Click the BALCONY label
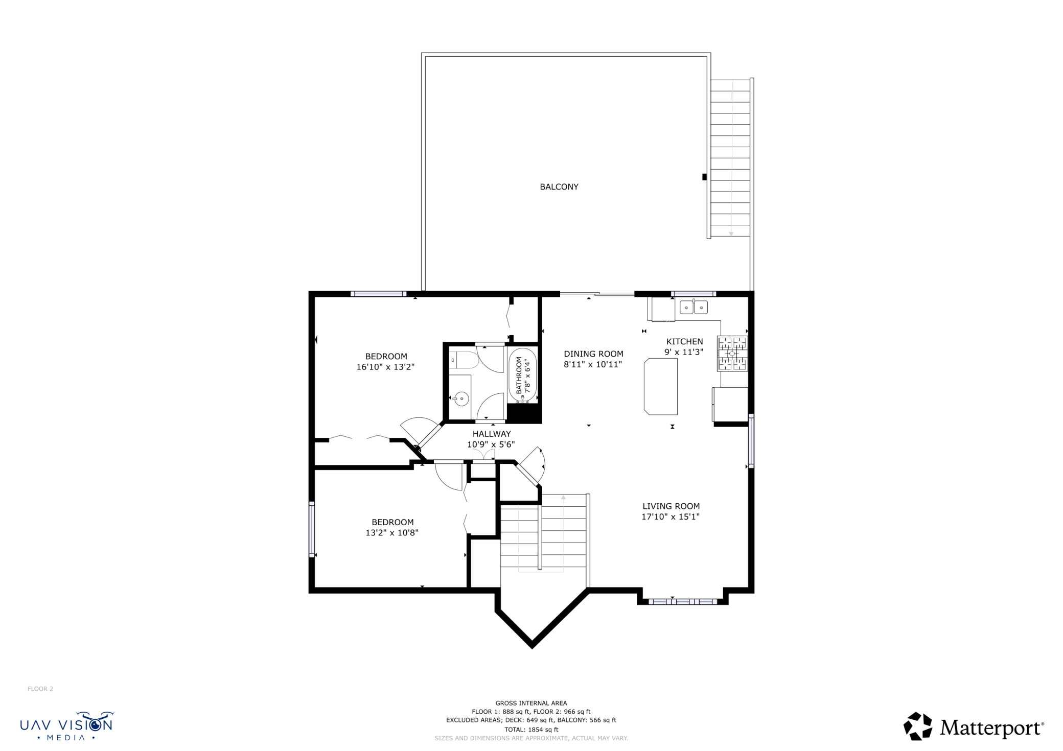(559, 187)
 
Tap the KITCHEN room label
(684, 341)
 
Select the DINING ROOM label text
(593, 354)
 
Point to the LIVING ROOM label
(671, 506)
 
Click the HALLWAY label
(492, 434)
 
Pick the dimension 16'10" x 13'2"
(385, 367)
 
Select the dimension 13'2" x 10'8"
(392, 532)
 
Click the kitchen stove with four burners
(732, 354)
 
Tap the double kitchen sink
(694, 307)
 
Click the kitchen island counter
(661, 386)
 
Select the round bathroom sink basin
(461, 398)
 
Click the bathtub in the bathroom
(523, 374)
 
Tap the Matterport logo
(974, 726)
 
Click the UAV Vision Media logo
(66, 726)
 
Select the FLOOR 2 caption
(40, 689)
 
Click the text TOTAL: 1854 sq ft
(531, 730)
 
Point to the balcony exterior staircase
(730, 158)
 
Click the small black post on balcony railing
(705, 177)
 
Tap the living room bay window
(683, 601)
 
